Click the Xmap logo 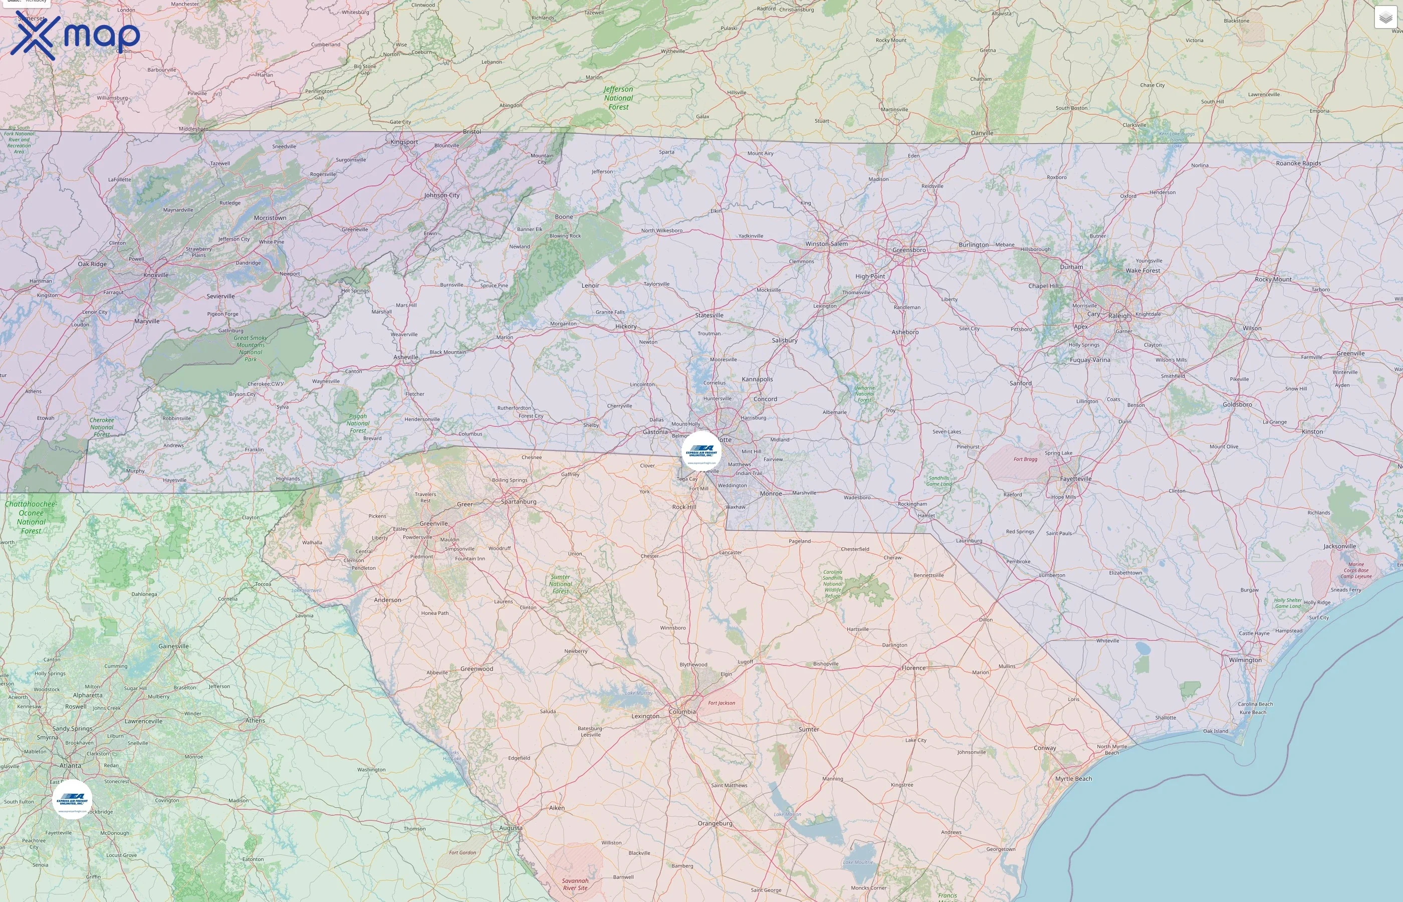[75, 35]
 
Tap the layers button [1385, 18]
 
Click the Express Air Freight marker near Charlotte [701, 452]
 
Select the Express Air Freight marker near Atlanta [72, 799]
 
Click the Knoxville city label [156, 275]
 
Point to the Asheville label [406, 357]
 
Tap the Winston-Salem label [826, 244]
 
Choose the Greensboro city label [909, 250]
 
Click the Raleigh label [1119, 316]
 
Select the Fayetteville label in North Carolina [1076, 479]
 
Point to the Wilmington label [1245, 660]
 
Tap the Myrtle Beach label [1073, 778]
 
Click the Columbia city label [682, 712]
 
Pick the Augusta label [510, 828]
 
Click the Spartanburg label [518, 502]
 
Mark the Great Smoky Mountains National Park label [251, 348]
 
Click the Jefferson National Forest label [618, 98]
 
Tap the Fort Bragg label [1025, 459]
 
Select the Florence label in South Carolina [913, 667]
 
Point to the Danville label [982, 133]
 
